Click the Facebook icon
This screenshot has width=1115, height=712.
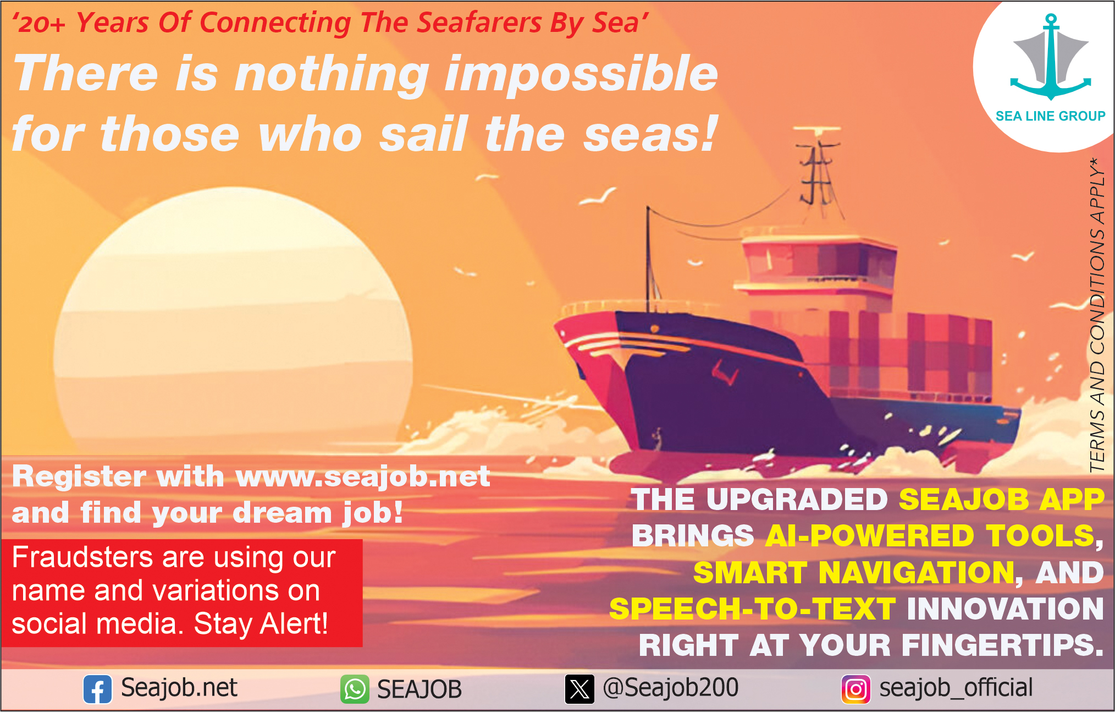tap(97, 689)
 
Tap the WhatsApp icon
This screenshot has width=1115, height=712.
tap(355, 689)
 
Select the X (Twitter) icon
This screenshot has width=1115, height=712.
tap(579, 689)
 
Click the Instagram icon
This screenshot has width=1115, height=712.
tap(855, 689)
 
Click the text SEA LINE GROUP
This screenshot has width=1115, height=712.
tap(1050, 116)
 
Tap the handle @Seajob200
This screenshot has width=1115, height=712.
tap(671, 688)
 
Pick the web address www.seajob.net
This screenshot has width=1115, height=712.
tap(362, 477)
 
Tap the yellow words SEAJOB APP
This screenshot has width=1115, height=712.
tap(1001, 500)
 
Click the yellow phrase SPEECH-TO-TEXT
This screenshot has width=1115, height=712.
tap(753, 609)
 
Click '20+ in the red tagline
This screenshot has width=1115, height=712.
tap(39, 24)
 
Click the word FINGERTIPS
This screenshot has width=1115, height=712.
tap(1003, 645)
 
